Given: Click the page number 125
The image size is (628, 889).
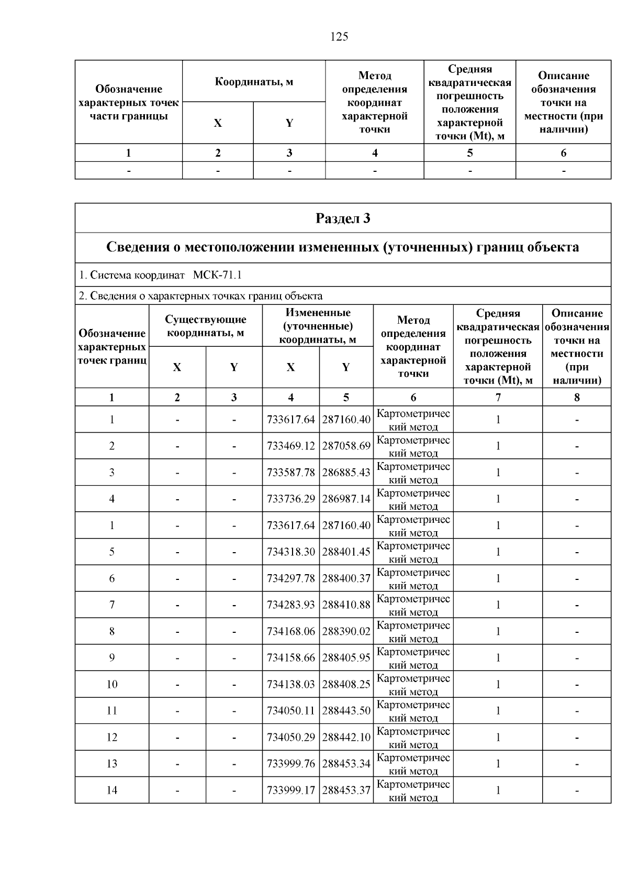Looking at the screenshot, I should [x=339, y=37].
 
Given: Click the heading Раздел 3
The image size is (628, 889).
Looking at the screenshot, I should [x=343, y=218].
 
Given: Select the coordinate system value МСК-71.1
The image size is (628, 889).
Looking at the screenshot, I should [x=217, y=275].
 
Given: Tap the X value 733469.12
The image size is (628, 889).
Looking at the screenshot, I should [x=291, y=446].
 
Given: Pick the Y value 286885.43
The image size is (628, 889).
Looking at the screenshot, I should [x=346, y=473].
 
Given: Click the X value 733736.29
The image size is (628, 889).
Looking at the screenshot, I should [x=291, y=499].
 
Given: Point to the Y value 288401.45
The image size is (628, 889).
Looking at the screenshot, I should [x=346, y=552].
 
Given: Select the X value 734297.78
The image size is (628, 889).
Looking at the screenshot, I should [x=291, y=578].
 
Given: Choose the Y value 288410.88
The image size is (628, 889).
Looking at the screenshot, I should [x=346, y=605].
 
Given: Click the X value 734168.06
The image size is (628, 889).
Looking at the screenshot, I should [x=291, y=631].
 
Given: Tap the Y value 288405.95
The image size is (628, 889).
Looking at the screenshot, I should [x=346, y=657].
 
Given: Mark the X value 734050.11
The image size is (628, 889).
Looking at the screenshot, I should [x=291, y=710].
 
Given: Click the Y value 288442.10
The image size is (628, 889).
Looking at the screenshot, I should [x=346, y=737].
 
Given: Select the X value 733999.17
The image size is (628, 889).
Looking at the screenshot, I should [x=291, y=790].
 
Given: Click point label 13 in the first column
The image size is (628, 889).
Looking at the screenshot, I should [x=112, y=763].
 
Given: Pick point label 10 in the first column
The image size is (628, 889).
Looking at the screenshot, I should [x=112, y=684].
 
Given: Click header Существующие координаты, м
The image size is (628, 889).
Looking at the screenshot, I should [x=206, y=326].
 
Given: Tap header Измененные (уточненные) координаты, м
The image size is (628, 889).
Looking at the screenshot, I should [x=318, y=326].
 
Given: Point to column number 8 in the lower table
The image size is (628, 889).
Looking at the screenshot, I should [x=577, y=397].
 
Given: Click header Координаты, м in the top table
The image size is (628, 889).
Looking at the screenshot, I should [x=254, y=81].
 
